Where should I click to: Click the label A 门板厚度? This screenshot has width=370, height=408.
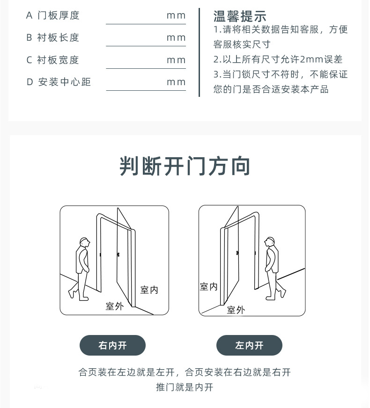(52, 15)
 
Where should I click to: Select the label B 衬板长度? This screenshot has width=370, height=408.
(52, 37)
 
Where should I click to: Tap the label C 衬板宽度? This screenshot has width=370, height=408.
(52, 60)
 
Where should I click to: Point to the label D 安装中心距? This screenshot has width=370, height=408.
(59, 82)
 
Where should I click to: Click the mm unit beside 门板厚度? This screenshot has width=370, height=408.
(176, 15)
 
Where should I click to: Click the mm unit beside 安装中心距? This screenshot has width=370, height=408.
(176, 82)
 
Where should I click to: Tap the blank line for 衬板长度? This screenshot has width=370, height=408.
(146, 46)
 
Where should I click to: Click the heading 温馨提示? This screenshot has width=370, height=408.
(240, 16)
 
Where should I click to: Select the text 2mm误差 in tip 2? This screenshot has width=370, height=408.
(321, 59)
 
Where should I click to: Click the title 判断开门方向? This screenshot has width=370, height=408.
(185, 166)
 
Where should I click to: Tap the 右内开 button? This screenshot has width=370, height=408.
(112, 345)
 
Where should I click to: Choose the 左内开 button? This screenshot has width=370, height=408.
(249, 345)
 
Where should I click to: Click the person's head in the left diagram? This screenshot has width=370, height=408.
(85, 243)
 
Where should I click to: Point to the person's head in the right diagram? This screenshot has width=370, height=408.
(269, 242)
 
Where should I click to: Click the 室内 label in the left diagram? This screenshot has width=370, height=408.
(149, 290)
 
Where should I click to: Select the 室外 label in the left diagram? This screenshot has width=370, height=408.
(115, 306)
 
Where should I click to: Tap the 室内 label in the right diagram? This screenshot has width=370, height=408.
(208, 286)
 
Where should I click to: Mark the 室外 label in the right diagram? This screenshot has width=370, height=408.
(236, 310)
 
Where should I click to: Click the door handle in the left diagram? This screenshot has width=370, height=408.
(118, 254)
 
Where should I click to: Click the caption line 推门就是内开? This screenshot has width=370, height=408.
(185, 387)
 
